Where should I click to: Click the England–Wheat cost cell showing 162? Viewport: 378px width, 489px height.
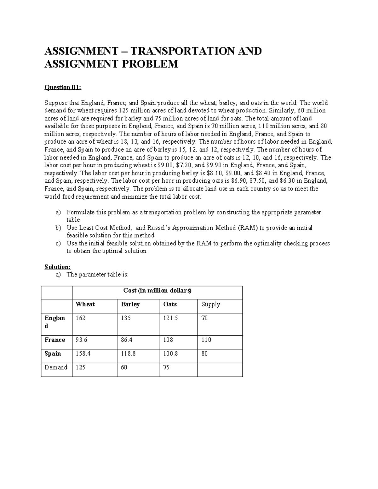coord(81,318)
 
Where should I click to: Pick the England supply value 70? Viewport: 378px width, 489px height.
coord(205,318)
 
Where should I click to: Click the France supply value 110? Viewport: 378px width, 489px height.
coord(206,340)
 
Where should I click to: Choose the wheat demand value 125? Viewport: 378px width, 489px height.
coord(81,367)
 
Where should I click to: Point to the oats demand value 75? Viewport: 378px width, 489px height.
coord(166,367)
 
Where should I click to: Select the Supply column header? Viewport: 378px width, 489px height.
coord(211,304)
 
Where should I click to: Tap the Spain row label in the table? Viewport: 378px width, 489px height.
coord(53,354)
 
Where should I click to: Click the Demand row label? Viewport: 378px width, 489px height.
coord(56,367)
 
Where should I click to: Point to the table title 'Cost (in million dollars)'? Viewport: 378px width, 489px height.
coord(157,291)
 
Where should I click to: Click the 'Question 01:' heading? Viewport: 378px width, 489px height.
coord(63,87)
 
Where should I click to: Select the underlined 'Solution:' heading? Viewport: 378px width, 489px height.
coord(58,267)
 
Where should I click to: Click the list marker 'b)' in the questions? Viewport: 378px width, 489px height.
coord(58,228)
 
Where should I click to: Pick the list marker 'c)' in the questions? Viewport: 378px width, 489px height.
coord(58,243)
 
